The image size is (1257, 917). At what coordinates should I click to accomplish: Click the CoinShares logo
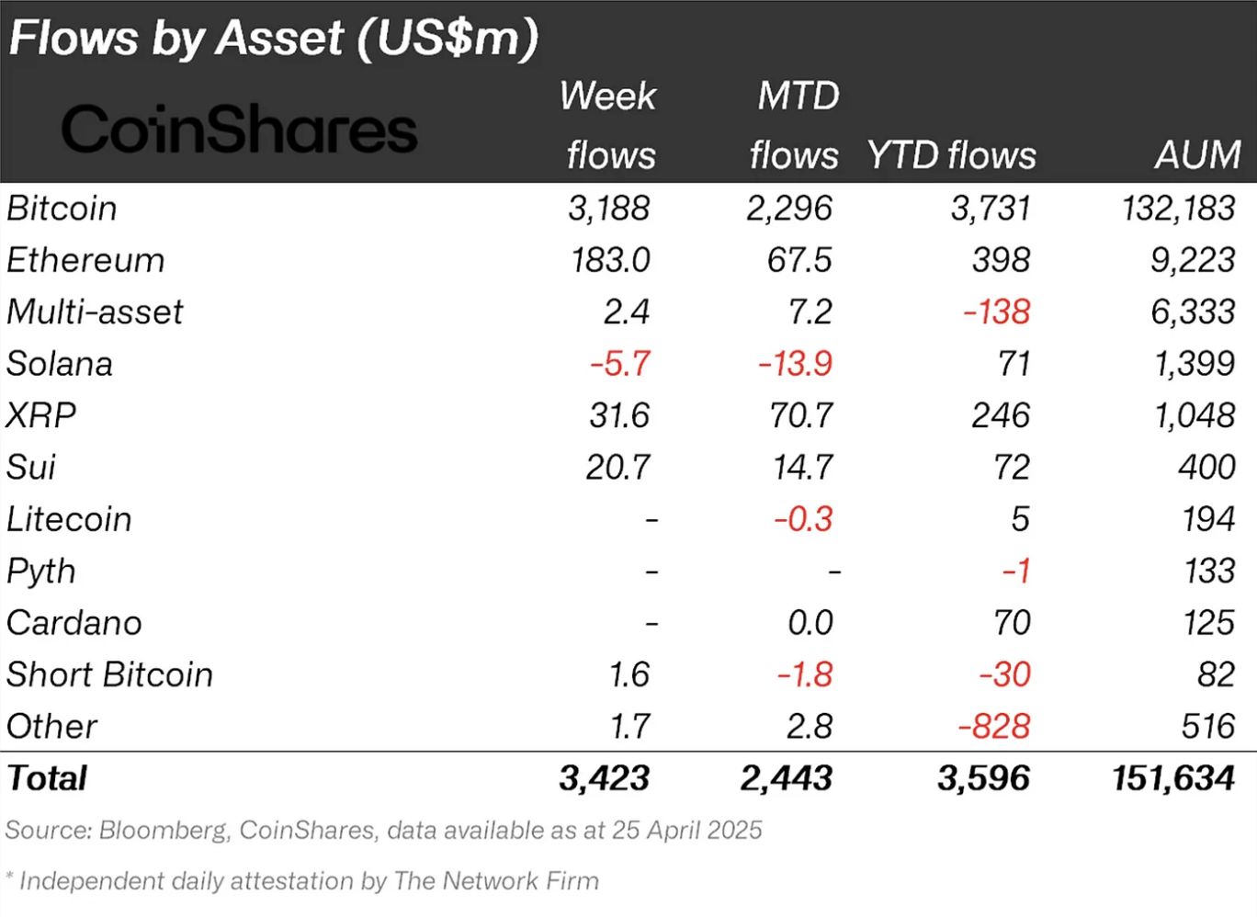pos(239,129)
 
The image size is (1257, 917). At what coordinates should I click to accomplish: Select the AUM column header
pos(1197,154)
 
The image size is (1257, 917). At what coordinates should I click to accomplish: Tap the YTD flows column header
pos(951,154)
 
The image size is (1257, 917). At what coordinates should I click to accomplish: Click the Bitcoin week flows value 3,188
pos(608,209)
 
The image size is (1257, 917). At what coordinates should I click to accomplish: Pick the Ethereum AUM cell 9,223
pos(1192,260)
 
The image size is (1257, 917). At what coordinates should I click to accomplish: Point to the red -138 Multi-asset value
pos(996,312)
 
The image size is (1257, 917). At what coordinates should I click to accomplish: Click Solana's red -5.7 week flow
pos(619,364)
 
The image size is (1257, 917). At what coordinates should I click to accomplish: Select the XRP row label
pos(41,415)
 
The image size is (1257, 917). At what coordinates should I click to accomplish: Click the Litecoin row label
pos(69,519)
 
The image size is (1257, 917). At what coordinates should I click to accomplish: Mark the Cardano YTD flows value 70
pos(1011,623)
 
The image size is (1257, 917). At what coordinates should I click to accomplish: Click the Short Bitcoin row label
pos(109,674)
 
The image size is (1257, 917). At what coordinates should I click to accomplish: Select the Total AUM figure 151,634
pos(1172,778)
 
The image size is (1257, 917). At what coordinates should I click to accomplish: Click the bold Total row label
pos(47,778)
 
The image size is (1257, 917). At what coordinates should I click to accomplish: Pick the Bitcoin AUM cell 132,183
pos(1178,209)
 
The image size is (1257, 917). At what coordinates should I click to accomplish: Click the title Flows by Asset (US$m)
pos(273,39)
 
